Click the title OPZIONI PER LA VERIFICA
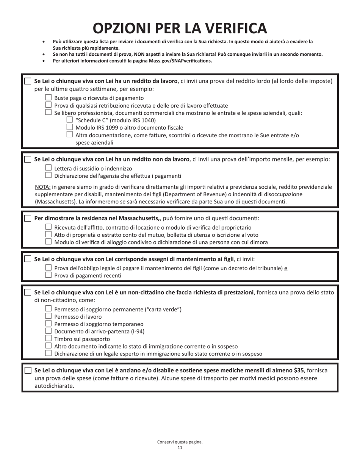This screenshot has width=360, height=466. pos(180,28)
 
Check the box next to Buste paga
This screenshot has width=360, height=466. pos(48,97)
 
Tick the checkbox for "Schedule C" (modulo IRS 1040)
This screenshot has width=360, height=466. pos(69,120)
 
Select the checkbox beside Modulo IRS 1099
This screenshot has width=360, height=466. pos(69,127)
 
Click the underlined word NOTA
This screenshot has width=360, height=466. pos(42,187)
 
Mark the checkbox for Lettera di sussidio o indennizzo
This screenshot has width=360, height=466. pos(48,168)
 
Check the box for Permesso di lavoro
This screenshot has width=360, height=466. pos(48,316)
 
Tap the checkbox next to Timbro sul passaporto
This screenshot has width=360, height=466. pos(48,338)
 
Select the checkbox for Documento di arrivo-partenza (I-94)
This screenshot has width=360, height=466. pos(48,331)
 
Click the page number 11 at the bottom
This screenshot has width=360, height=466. pos(180,448)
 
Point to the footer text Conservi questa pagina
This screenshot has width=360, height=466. pos(180,442)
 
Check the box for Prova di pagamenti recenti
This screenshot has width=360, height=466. pos(48,275)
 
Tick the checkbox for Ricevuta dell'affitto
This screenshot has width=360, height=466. pos(48,227)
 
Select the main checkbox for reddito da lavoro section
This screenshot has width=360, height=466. pos(28,81)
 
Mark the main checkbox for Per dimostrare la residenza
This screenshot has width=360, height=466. pos(28,219)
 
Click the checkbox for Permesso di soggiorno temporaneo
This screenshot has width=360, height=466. pos(48,324)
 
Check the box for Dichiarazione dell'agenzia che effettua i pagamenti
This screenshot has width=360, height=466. pos(48,175)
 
